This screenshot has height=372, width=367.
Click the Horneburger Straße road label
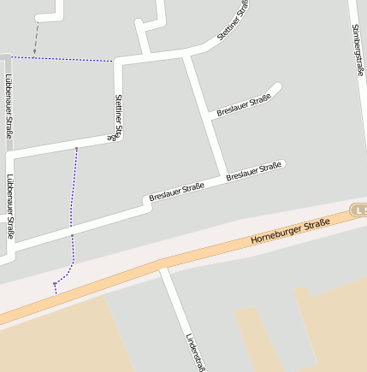coord(290,231)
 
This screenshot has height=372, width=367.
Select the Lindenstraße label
coord(194,351)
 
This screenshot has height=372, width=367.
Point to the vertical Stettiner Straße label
coord(117,117)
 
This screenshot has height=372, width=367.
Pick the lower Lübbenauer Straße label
coord(9,205)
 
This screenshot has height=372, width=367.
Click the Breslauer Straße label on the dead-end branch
coord(244,105)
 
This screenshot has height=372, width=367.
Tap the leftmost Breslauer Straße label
coord(176,192)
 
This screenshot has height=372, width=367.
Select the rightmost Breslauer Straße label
coord(254,171)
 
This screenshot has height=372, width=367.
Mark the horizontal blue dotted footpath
coord(60,59)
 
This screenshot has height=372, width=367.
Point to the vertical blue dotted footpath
coord(74,197)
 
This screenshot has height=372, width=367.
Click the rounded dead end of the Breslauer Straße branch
coord(277,86)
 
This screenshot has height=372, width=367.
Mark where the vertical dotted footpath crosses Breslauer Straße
coord(72,234)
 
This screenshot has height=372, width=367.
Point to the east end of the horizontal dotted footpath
coord(112,62)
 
